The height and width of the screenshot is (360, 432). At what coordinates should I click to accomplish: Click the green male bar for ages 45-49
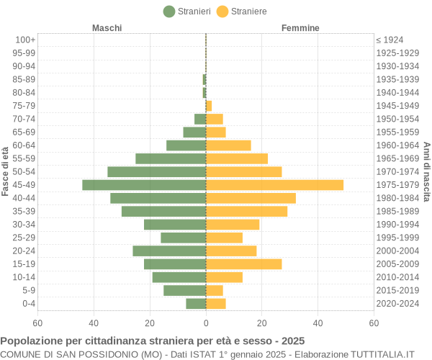144,185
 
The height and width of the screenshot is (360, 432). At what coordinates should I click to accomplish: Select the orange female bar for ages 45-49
274,185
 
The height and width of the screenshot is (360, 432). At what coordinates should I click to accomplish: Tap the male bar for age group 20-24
169,251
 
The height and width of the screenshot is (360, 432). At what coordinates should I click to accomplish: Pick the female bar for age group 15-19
243,264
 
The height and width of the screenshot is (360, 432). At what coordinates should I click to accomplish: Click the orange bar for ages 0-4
215,304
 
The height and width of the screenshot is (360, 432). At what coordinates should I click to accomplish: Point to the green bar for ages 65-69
194,132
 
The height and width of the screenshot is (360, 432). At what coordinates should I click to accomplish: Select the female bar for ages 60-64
228,145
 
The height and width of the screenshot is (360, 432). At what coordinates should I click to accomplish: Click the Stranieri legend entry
187,11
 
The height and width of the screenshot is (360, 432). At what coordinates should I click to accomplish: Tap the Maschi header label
107,28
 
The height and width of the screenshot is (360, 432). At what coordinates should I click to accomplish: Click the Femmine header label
300,28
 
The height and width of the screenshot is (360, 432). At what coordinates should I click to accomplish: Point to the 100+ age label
25,40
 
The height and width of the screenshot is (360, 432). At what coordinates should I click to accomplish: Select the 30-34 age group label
24,225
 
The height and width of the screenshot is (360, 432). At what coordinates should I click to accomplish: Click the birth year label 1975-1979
397,185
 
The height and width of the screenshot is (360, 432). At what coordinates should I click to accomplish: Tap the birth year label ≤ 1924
390,40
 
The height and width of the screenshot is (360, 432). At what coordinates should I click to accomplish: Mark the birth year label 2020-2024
397,304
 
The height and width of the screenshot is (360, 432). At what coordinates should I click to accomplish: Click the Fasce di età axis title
6,171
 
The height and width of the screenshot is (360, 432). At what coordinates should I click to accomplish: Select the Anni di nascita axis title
426,171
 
